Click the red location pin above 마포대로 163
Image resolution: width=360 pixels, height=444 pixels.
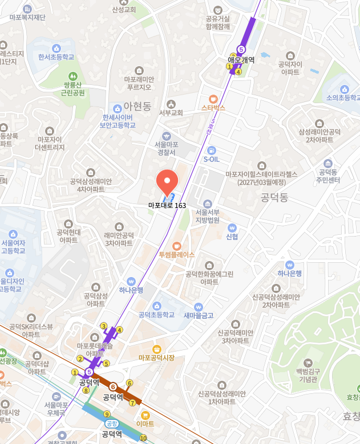[167, 182]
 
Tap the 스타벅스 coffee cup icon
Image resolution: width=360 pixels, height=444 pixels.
[213, 98]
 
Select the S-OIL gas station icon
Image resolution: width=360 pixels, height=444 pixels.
[212, 150]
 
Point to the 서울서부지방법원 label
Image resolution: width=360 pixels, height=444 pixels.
[208, 216]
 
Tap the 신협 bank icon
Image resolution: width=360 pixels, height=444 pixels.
[232, 227]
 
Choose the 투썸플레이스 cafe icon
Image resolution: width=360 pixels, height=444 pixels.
[177, 245]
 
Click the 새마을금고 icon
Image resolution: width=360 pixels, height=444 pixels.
[198, 307]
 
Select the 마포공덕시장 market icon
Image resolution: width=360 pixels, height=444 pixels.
[156, 349]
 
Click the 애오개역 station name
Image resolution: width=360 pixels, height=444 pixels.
[241, 59]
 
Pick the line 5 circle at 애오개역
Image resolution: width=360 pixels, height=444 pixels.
[241, 49]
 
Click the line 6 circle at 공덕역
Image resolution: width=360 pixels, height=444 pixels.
[113, 387]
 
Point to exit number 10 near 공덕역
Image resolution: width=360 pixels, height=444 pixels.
[143, 438]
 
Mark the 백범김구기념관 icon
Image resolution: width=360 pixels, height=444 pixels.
[308, 362]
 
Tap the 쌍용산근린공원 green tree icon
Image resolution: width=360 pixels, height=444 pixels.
[72, 76]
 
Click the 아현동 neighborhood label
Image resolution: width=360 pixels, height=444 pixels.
[137, 107]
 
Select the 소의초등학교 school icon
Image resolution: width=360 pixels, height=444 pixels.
[344, 89]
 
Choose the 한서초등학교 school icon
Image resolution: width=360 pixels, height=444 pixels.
[56, 48]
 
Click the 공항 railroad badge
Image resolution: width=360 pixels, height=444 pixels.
[111, 423]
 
